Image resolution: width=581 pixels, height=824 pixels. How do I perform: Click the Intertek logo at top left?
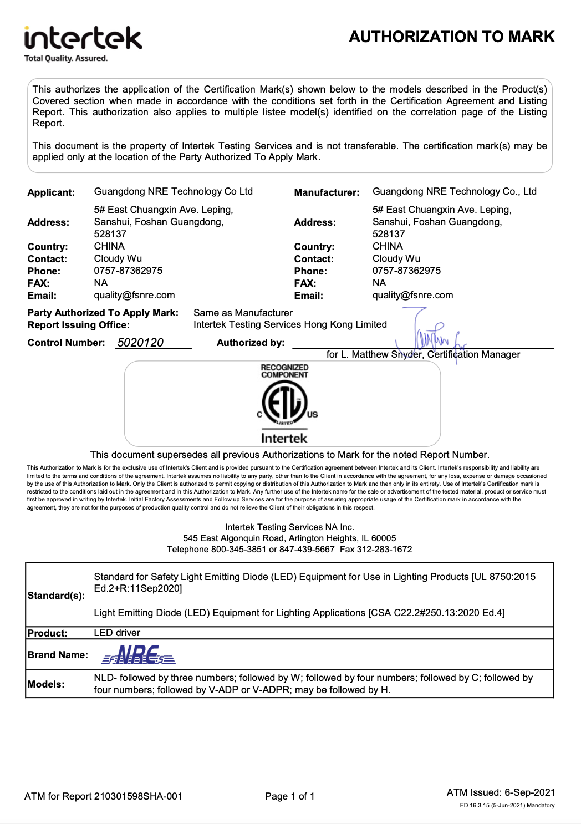(x=83, y=38)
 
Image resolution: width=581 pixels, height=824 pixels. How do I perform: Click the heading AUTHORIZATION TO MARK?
(x=451, y=37)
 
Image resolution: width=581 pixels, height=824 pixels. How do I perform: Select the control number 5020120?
(x=140, y=343)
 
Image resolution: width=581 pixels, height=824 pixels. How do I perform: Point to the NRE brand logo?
(x=139, y=655)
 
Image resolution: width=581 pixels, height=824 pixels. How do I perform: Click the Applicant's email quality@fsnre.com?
(x=134, y=295)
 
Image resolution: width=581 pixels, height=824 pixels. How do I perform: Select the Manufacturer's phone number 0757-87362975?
(x=406, y=271)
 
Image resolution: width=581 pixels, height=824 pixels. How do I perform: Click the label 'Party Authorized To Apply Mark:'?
(x=103, y=313)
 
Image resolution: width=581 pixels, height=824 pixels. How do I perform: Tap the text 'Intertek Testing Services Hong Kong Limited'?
(x=290, y=324)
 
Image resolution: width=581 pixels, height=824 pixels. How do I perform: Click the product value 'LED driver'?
(x=117, y=633)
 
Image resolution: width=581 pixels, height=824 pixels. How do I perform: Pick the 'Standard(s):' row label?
(x=56, y=596)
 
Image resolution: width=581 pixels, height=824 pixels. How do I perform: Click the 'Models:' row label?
(x=46, y=684)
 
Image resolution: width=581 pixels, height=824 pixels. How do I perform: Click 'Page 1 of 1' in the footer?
(x=289, y=796)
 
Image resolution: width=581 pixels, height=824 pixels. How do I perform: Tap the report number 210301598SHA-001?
(x=138, y=796)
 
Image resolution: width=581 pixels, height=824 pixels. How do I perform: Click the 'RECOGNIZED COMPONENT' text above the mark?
(x=284, y=371)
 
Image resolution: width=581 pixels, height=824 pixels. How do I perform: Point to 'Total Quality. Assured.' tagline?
(x=66, y=58)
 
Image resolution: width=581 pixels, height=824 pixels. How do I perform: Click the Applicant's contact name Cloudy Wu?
(x=118, y=258)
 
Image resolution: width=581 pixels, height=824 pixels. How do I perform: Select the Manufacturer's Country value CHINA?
(x=388, y=246)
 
